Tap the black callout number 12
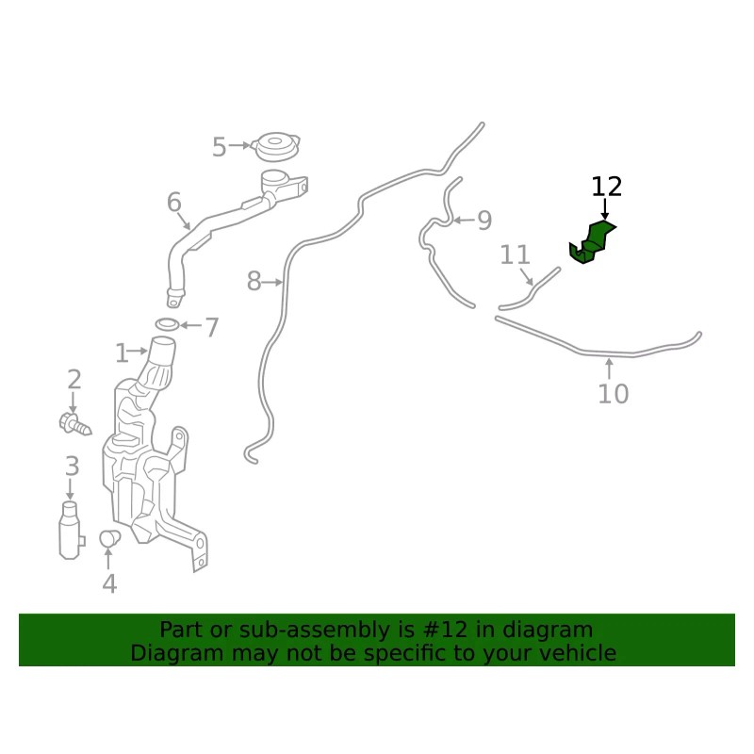tap(606, 187)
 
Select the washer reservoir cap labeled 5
tap(275, 147)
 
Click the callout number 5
tap(220, 147)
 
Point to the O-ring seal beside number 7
tap(167, 324)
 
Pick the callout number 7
tap(211, 328)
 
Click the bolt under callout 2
tap(75, 424)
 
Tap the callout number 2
tap(74, 380)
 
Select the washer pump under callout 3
tap(71, 531)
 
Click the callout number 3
tap(73, 466)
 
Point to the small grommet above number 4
tap(109, 538)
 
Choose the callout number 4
tap(109, 583)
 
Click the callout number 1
tap(122, 353)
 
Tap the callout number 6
tap(174, 202)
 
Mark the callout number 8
tap(254, 281)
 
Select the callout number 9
tap(484, 221)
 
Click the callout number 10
tap(614, 394)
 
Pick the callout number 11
tap(515, 254)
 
